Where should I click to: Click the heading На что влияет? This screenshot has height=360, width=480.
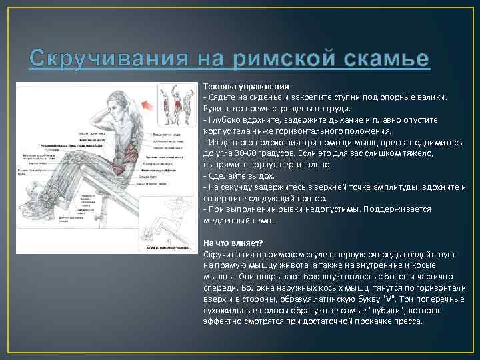(233, 243)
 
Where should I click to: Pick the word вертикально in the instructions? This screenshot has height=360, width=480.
(317, 164)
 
